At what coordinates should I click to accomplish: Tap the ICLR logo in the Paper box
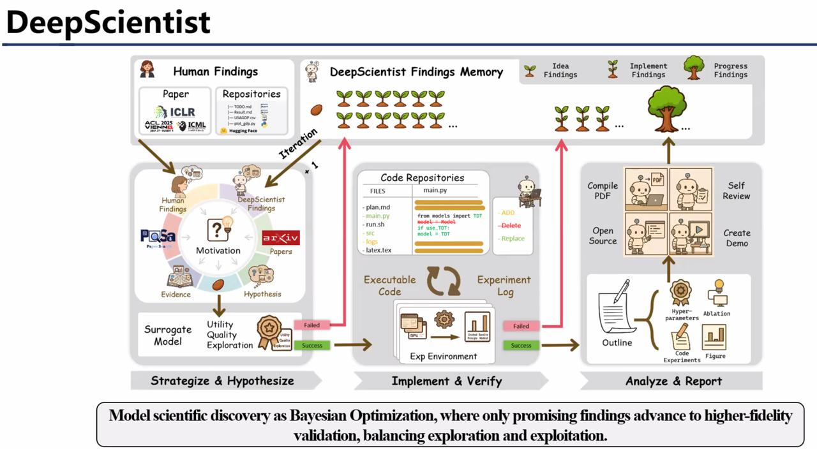[x=174, y=112]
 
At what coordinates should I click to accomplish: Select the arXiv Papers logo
[x=281, y=239]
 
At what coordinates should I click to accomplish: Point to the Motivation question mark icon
[x=218, y=230]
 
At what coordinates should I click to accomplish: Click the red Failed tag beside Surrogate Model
[x=311, y=325]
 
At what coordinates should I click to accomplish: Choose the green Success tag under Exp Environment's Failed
[x=521, y=346]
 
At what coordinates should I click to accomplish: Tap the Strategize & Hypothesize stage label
[x=222, y=381]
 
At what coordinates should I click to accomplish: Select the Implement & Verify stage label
[x=446, y=381]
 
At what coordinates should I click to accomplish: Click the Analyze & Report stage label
[x=673, y=381]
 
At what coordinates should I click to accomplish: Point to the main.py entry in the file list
[x=377, y=216]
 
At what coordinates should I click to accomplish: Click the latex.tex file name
[x=382, y=251]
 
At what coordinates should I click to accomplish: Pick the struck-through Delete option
[x=511, y=226]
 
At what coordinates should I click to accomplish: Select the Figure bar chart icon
[x=715, y=337]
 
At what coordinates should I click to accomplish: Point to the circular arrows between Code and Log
[x=444, y=281]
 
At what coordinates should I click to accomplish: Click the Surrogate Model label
[x=167, y=335]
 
